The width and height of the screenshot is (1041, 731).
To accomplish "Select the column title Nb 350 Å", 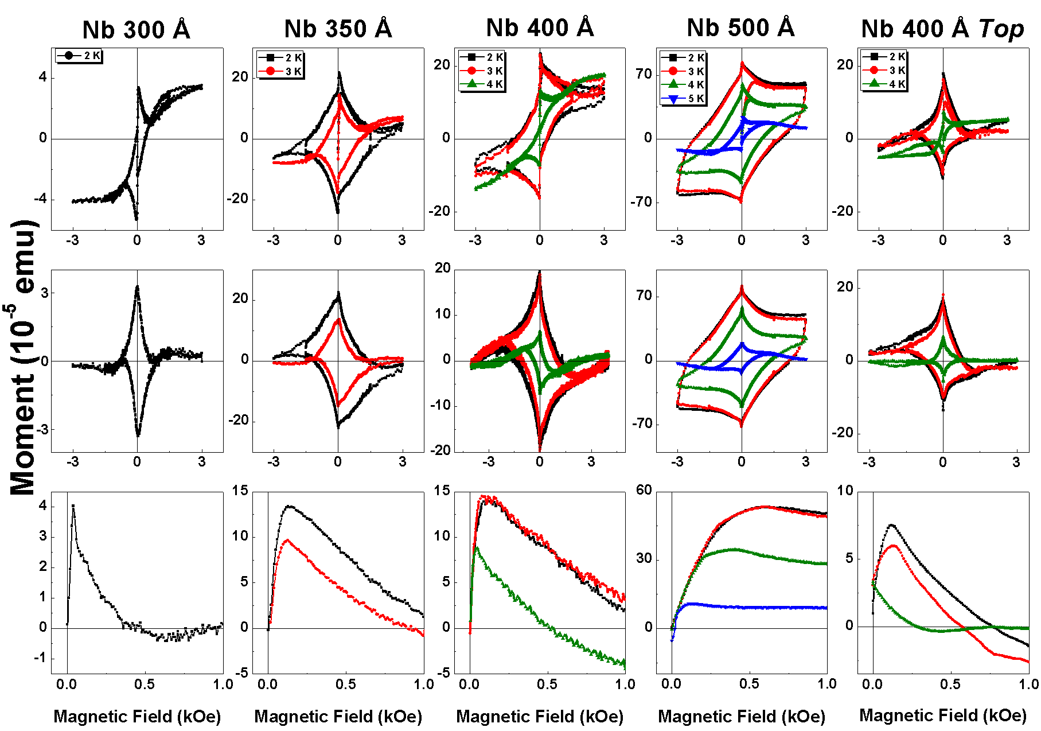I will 338,29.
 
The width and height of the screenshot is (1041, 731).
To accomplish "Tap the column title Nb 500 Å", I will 740,28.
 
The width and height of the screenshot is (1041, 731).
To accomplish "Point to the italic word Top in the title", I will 1001,29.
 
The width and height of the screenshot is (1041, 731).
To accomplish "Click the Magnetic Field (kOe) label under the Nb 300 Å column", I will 137,716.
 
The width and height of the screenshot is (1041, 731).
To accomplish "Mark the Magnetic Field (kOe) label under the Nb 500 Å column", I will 741,716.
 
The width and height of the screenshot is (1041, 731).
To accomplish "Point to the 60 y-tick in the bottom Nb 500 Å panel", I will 644,490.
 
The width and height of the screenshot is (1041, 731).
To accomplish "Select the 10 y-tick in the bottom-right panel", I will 845,491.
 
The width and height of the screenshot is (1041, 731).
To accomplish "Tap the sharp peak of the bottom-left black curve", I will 73,506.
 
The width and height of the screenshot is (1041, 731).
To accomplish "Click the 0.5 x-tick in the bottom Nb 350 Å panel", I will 346,684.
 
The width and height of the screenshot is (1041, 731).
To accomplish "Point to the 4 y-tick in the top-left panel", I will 43,77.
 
